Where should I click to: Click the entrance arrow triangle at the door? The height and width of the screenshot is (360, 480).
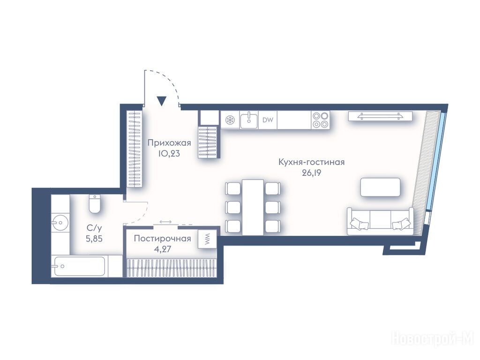(x=161, y=101)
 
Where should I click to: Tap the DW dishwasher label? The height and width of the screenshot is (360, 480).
(x=268, y=120)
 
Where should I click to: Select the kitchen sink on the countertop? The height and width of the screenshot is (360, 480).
(x=248, y=120)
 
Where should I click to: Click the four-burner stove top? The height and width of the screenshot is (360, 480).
(x=320, y=120)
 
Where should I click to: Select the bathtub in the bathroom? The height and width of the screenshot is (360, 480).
(x=79, y=266)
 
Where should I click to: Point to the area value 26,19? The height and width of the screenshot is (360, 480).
(x=312, y=173)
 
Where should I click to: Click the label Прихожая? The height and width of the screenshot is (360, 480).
(x=169, y=143)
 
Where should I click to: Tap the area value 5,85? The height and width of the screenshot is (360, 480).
(x=94, y=239)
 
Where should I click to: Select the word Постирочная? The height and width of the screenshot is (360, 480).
(x=163, y=239)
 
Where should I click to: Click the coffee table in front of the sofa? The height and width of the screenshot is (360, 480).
(x=380, y=187)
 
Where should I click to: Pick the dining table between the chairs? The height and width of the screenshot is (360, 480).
(x=253, y=207)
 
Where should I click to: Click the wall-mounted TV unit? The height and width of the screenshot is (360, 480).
(x=380, y=116)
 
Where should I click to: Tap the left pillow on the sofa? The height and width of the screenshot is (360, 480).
(x=360, y=224)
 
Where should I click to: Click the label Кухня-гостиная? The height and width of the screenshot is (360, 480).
(x=312, y=162)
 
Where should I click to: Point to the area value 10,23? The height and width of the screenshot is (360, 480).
(x=169, y=154)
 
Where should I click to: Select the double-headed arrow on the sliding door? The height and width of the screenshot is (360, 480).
(x=165, y=222)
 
